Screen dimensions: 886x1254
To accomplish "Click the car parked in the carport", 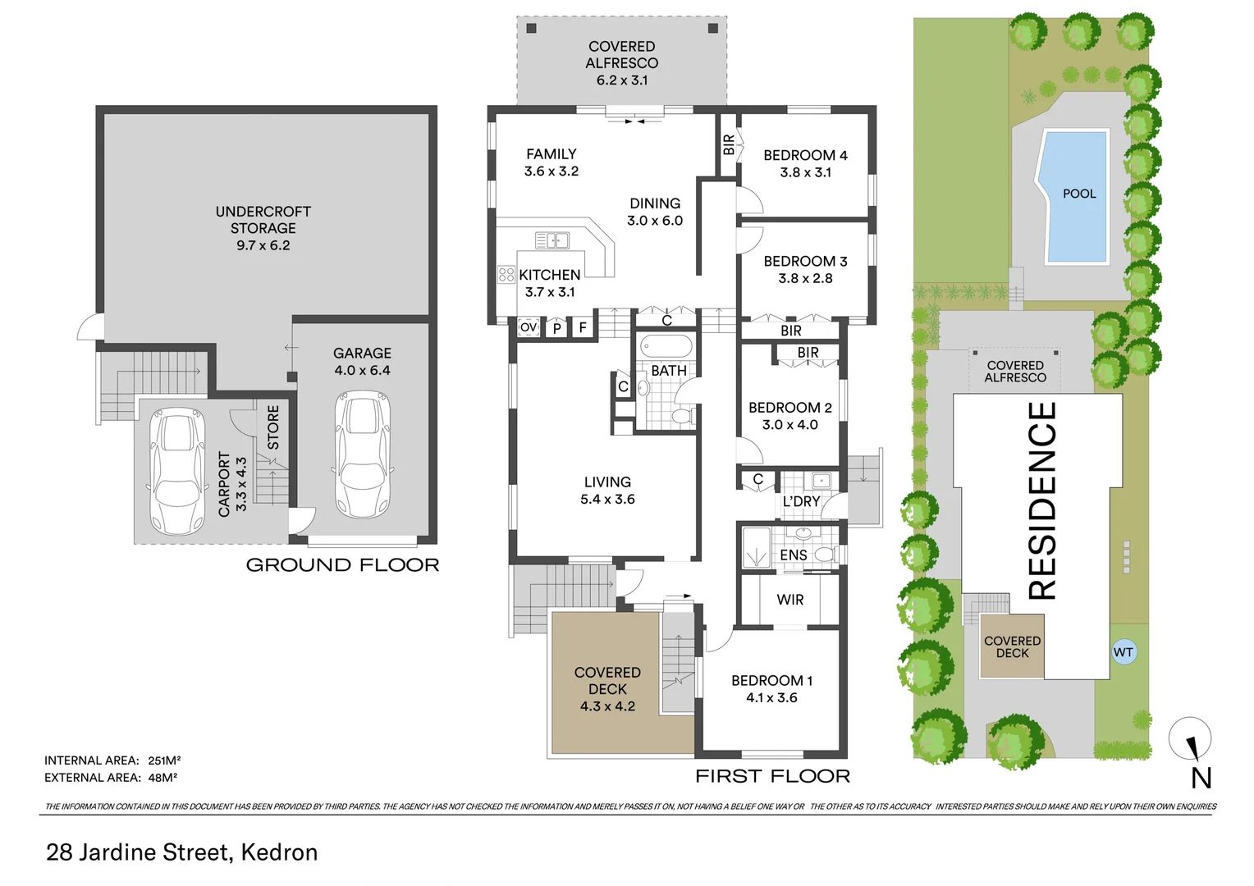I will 177,472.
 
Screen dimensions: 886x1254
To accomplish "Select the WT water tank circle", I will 1123,652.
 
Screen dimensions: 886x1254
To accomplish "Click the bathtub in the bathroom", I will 666,345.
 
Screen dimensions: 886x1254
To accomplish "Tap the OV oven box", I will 529,327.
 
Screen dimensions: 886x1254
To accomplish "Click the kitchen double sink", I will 552,240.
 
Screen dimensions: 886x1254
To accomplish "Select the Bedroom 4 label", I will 805,155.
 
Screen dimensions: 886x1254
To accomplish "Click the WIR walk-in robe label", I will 790,600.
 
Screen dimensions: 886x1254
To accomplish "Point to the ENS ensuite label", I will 793,555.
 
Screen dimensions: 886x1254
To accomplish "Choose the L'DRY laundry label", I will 801,501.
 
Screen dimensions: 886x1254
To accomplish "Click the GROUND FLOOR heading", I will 342,564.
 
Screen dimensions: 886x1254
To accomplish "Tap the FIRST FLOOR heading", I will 772,776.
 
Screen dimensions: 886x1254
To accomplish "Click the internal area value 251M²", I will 164,760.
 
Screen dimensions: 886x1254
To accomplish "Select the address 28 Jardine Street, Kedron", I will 181,852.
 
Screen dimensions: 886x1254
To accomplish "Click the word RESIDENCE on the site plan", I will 1041,500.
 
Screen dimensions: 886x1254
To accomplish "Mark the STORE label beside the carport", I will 273,427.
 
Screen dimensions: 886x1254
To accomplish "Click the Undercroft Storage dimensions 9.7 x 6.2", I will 263,245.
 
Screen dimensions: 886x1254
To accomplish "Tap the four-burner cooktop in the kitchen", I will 506,274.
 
